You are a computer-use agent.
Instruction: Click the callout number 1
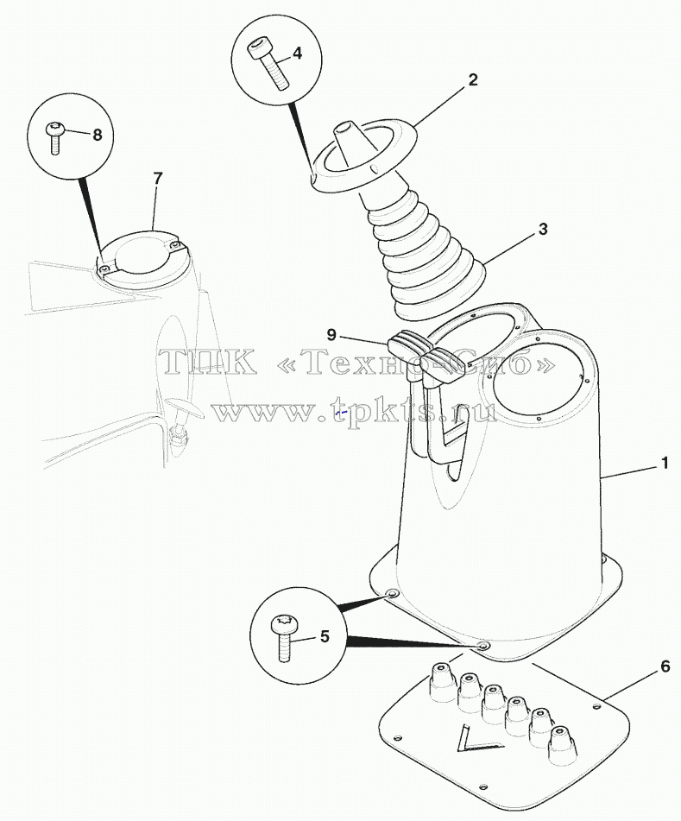click(665, 464)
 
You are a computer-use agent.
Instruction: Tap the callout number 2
click(473, 80)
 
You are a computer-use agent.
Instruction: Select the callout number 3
click(543, 229)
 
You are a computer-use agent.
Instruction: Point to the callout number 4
click(297, 53)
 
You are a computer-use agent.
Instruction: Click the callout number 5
click(325, 637)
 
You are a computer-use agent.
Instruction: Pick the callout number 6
click(665, 666)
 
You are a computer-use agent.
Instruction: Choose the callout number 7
click(158, 179)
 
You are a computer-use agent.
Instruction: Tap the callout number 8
click(97, 135)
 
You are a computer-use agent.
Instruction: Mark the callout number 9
click(331, 335)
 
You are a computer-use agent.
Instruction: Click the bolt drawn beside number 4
click(268, 64)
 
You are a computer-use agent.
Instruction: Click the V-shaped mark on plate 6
click(474, 741)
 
